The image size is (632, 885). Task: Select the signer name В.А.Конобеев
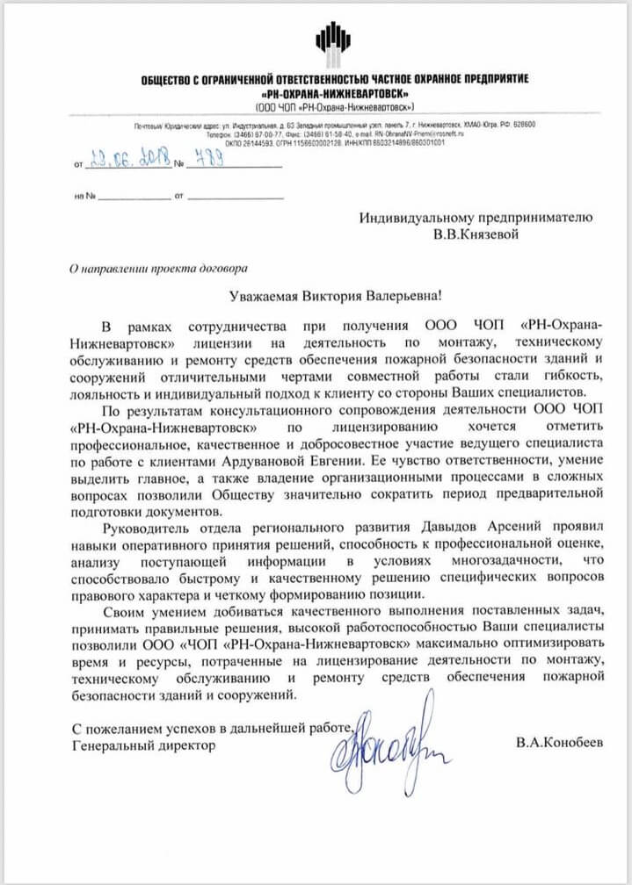561,743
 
